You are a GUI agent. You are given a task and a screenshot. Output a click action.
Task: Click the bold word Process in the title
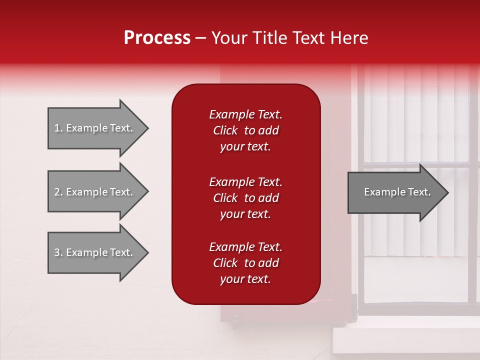157,38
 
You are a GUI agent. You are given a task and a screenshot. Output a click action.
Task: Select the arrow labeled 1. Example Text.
95,128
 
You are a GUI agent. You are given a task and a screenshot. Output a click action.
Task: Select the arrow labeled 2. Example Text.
95,192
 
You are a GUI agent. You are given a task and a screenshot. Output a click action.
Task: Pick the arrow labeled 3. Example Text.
95,252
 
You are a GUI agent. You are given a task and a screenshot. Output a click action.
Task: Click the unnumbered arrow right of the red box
395,192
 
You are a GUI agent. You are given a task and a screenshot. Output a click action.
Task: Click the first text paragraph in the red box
245,130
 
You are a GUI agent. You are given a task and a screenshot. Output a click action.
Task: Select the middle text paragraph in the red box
245,198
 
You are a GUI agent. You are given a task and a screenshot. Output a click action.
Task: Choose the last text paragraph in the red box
245,263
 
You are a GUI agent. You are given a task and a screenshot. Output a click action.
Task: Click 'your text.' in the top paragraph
245,147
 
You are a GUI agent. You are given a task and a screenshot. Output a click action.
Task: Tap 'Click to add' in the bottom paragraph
245,263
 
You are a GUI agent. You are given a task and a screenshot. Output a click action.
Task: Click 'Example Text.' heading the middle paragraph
245,182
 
